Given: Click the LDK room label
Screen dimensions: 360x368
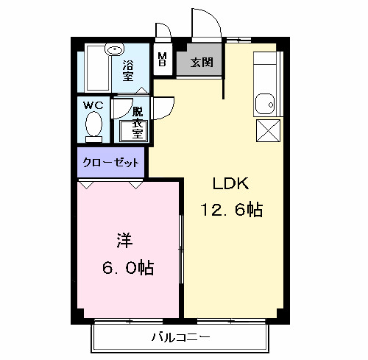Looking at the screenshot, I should pyautogui.click(x=230, y=184).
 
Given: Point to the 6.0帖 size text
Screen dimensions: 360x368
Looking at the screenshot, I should pyautogui.click(x=127, y=268).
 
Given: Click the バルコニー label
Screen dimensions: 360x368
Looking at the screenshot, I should pyautogui.click(x=181, y=337).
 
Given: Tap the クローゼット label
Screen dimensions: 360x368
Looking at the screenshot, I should pyautogui.click(x=111, y=161).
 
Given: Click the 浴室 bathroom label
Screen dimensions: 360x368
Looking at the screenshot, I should pyautogui.click(x=129, y=70).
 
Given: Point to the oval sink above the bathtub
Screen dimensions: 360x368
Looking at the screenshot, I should pyautogui.click(x=113, y=50).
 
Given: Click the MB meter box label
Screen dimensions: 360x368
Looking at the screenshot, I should pyautogui.click(x=163, y=60).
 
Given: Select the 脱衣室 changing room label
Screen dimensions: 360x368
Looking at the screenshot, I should pyautogui.click(x=137, y=121).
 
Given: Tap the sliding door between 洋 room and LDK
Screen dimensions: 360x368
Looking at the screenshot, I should pyautogui.click(x=181, y=250).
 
